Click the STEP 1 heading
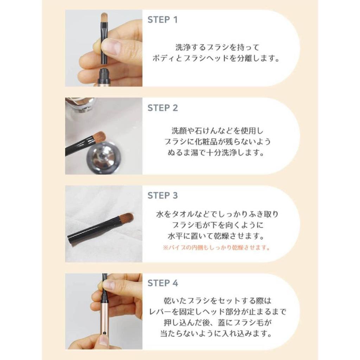click(162, 20)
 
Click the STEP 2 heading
click(163, 108)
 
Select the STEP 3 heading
click(163, 195)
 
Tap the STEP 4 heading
click(163, 283)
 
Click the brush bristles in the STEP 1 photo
click(104, 17)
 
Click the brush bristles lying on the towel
click(125, 218)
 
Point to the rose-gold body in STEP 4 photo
click(104, 316)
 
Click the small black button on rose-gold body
click(104, 332)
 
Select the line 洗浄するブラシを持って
click(217, 47)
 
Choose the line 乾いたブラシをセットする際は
click(217, 301)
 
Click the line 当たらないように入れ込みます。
click(217, 333)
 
